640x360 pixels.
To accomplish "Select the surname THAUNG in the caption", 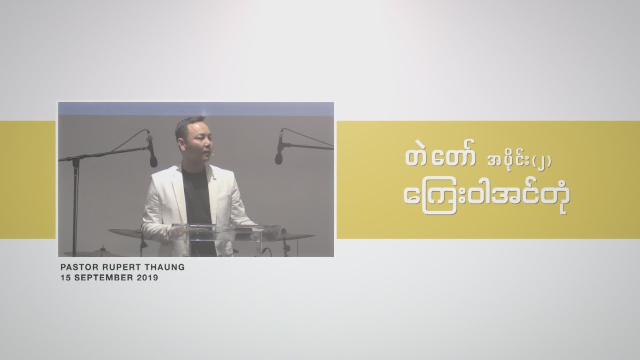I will tap(165, 267).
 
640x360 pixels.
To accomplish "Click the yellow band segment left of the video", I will tap(27, 180).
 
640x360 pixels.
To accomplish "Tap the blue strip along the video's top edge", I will tap(196, 108).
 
